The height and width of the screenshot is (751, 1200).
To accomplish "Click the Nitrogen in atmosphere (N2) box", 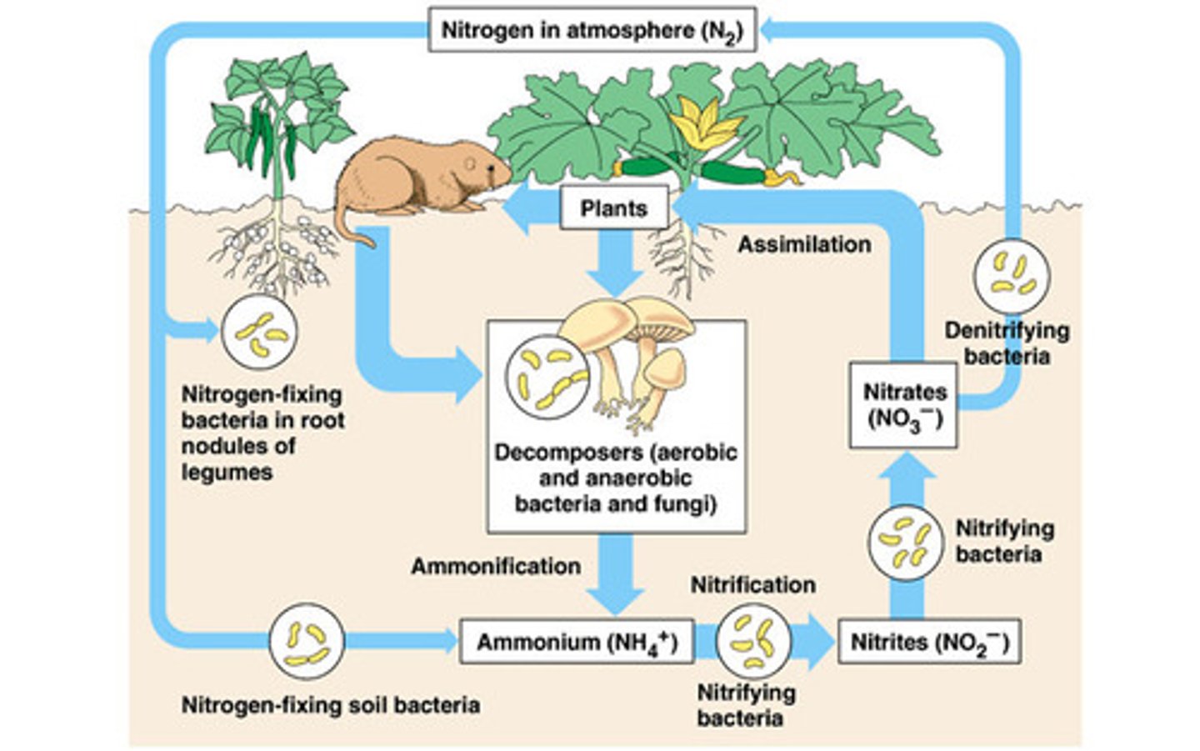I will click(592, 31).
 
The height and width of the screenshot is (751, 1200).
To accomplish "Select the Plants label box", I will click(613, 208).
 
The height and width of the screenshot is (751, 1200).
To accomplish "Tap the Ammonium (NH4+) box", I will click(577, 643).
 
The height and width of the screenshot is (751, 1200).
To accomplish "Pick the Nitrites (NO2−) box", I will click(928, 643).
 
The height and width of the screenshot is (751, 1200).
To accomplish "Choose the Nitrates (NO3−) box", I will click(903, 405).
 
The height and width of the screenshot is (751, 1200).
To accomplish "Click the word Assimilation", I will click(804, 244).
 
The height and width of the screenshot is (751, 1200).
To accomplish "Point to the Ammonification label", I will click(496, 566).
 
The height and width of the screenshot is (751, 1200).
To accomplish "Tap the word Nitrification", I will click(752, 585).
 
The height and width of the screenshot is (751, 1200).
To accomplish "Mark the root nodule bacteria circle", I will click(258, 331).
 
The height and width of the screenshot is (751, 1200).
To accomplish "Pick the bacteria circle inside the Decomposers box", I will click(546, 377).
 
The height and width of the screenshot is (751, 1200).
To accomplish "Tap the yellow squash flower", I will click(699, 125).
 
